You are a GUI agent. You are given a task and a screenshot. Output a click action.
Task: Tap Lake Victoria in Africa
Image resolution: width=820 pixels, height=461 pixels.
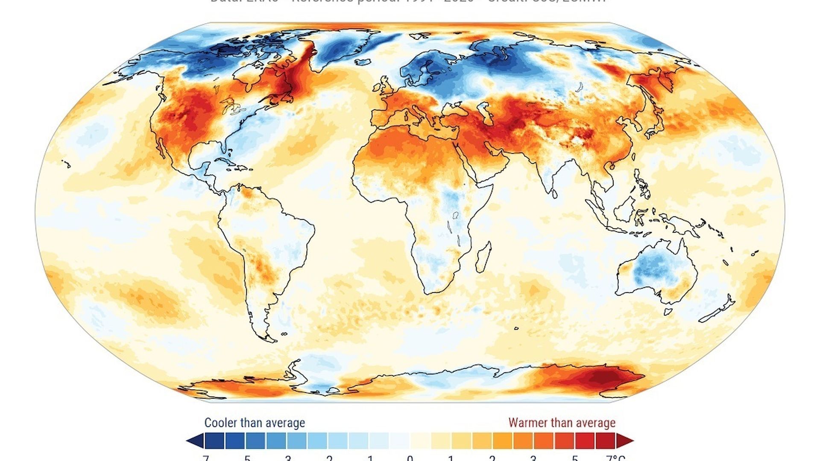click(455, 215)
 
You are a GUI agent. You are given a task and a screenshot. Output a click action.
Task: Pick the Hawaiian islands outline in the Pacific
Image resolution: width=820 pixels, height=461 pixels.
click(66, 163)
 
